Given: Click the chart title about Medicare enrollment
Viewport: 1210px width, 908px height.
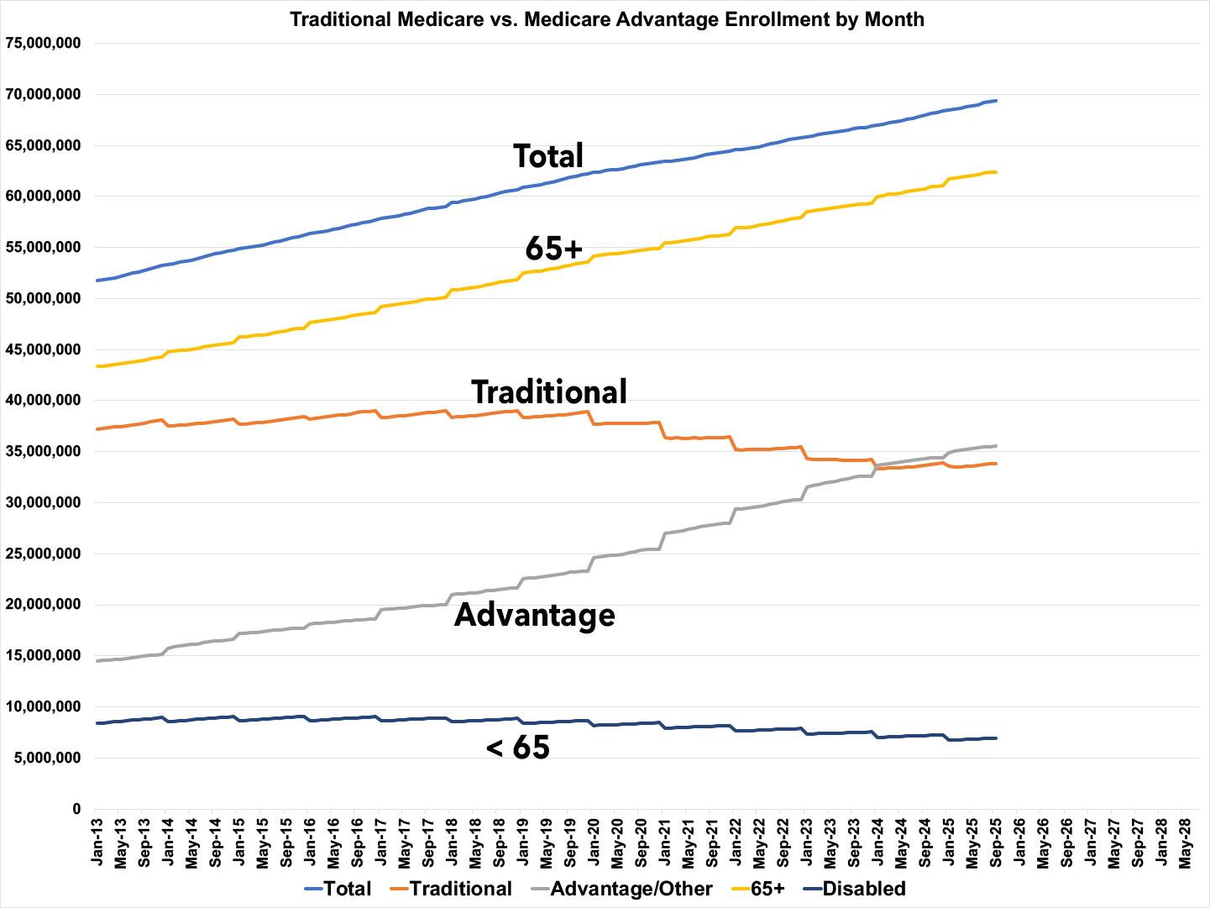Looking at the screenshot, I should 606,18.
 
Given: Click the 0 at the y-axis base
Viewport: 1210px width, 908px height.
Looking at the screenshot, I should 76,810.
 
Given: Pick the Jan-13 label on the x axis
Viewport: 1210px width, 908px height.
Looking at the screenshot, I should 97,841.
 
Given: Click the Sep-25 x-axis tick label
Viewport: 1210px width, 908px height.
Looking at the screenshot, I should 996,841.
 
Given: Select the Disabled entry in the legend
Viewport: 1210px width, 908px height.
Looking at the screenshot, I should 863,889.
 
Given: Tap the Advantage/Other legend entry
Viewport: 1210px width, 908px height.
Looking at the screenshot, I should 631,889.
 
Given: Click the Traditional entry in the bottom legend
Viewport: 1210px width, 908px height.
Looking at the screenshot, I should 460,889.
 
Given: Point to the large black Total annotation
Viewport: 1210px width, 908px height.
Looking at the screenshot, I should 548,156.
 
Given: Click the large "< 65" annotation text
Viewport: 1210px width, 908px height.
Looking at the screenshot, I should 518,747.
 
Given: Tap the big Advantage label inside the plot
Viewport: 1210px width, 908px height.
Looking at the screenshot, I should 535,615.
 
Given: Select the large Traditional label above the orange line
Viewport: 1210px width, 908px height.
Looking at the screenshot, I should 549,392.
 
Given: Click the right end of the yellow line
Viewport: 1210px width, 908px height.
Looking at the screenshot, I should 996,172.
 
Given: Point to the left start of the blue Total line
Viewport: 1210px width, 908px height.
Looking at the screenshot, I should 97,281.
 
